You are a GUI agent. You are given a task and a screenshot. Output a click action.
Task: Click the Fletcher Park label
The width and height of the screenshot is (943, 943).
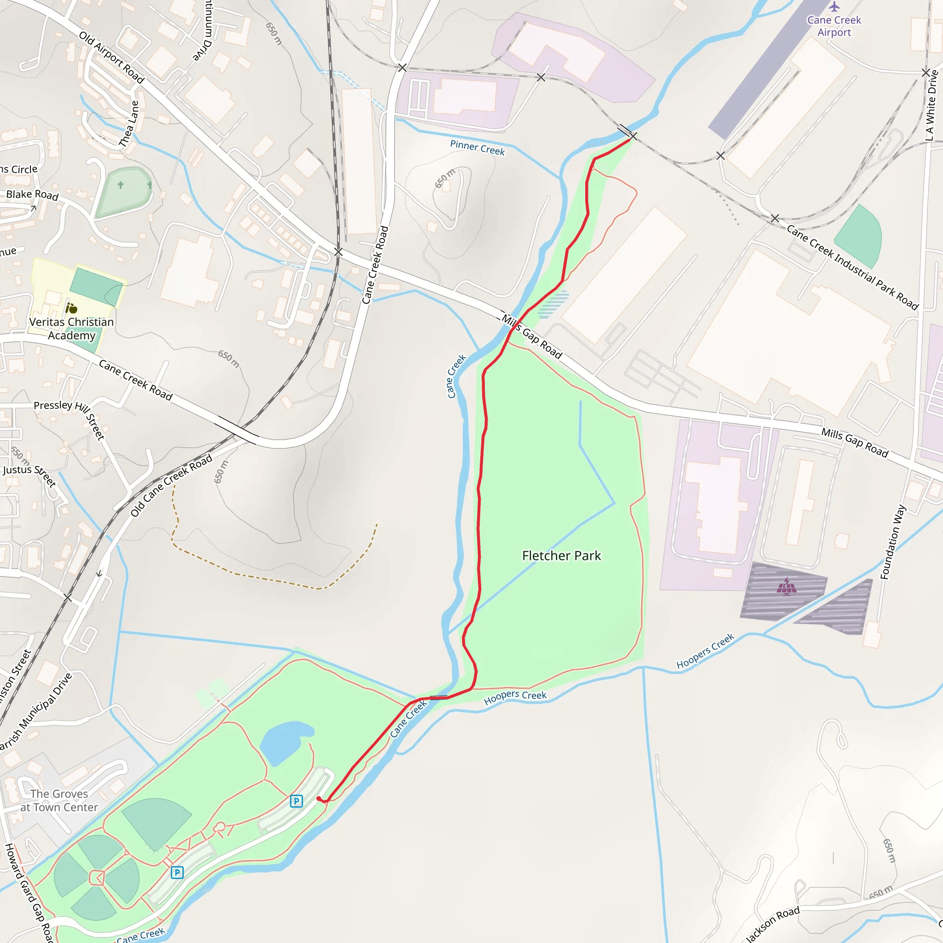tap(561, 555)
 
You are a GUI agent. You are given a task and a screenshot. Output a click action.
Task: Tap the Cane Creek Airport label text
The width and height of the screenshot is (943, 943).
tap(834, 26)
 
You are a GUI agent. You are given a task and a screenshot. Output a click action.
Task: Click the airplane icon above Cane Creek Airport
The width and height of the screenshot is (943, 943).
tap(834, 7)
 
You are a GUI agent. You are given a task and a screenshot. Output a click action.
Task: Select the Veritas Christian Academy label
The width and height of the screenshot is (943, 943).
tap(71, 328)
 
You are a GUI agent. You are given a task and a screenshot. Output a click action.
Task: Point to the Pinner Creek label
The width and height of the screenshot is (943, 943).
tap(477, 147)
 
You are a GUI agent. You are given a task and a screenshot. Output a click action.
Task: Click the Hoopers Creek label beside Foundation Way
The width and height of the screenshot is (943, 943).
tap(705, 651)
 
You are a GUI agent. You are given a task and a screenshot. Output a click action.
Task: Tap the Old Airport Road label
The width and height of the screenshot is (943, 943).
tap(112, 58)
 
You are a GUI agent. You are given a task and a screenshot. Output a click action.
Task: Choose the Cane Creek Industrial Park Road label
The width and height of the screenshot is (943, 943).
tap(852, 267)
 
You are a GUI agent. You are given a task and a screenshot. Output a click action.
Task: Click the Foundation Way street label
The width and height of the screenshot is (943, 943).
tap(893, 542)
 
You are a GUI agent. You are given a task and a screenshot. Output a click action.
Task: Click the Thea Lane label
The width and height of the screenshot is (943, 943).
tap(129, 123)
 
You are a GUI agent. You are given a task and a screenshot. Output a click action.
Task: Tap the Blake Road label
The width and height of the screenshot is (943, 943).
tap(32, 195)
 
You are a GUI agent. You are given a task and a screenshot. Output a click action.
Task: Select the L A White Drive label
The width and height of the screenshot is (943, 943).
tap(931, 105)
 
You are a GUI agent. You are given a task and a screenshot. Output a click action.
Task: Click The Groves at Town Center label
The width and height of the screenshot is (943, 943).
tap(59, 800)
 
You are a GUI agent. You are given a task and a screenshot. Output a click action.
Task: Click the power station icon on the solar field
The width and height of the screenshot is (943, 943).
tap(786, 587)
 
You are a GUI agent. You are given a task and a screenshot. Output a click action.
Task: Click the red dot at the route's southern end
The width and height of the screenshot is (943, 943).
tap(319, 798)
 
